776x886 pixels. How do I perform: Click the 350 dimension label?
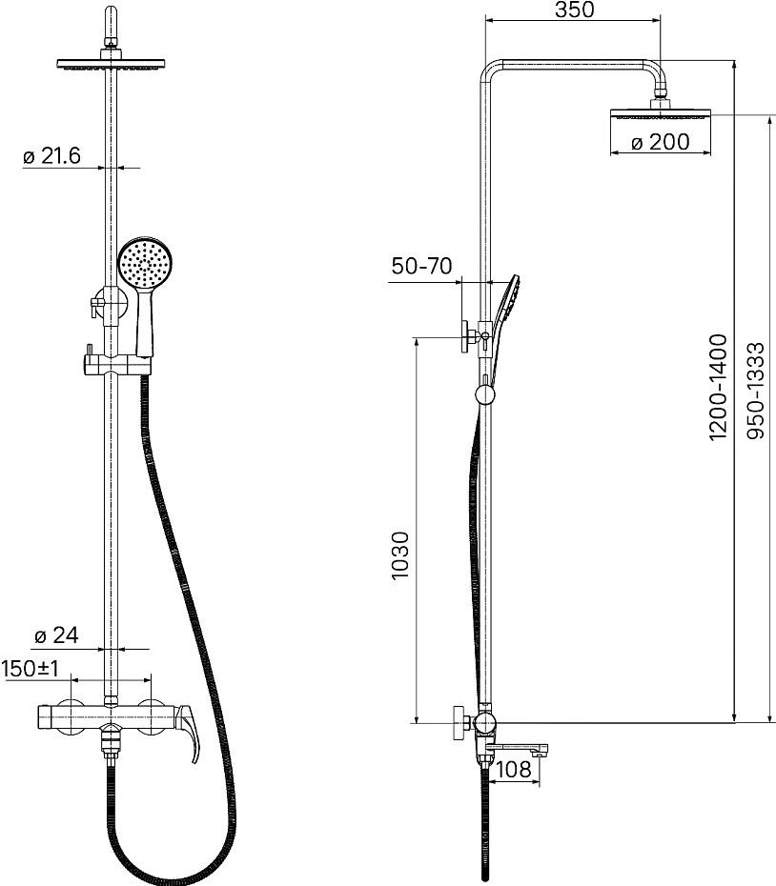[574, 10]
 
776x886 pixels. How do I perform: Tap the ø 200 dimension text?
[660, 142]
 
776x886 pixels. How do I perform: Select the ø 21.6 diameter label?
[51, 155]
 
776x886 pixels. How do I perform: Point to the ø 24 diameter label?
[56, 635]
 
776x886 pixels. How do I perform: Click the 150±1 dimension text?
[31, 669]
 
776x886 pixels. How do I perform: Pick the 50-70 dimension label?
[422, 266]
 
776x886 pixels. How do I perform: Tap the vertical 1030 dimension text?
[399, 554]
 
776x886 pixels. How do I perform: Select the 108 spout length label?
[514, 769]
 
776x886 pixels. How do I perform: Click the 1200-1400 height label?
[718, 387]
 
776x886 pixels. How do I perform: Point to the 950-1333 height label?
[756, 391]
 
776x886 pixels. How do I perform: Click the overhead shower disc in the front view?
[111, 65]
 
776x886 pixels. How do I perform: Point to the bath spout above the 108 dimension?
[517, 749]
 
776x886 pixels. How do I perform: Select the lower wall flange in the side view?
[459, 722]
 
